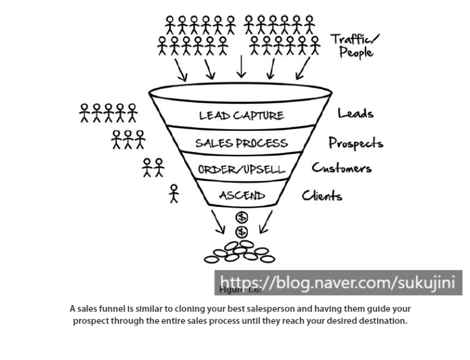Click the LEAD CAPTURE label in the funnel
click(242, 115)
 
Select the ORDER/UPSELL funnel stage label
click(242, 170)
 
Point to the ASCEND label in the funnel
click(241, 196)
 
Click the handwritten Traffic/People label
click(355, 46)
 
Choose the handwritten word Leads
click(356, 114)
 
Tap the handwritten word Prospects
click(356, 143)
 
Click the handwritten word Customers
click(342, 168)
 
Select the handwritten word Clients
click(322, 196)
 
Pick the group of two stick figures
click(152, 167)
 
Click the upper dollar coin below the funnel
click(242, 218)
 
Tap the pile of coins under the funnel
click(240, 251)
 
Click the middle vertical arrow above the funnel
click(240, 65)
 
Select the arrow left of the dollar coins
click(219, 221)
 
